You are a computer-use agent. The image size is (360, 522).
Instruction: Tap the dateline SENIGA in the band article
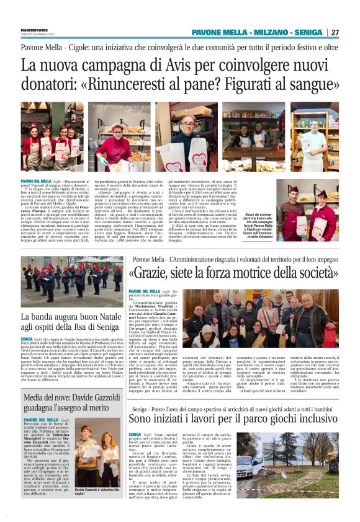tap(27, 339)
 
